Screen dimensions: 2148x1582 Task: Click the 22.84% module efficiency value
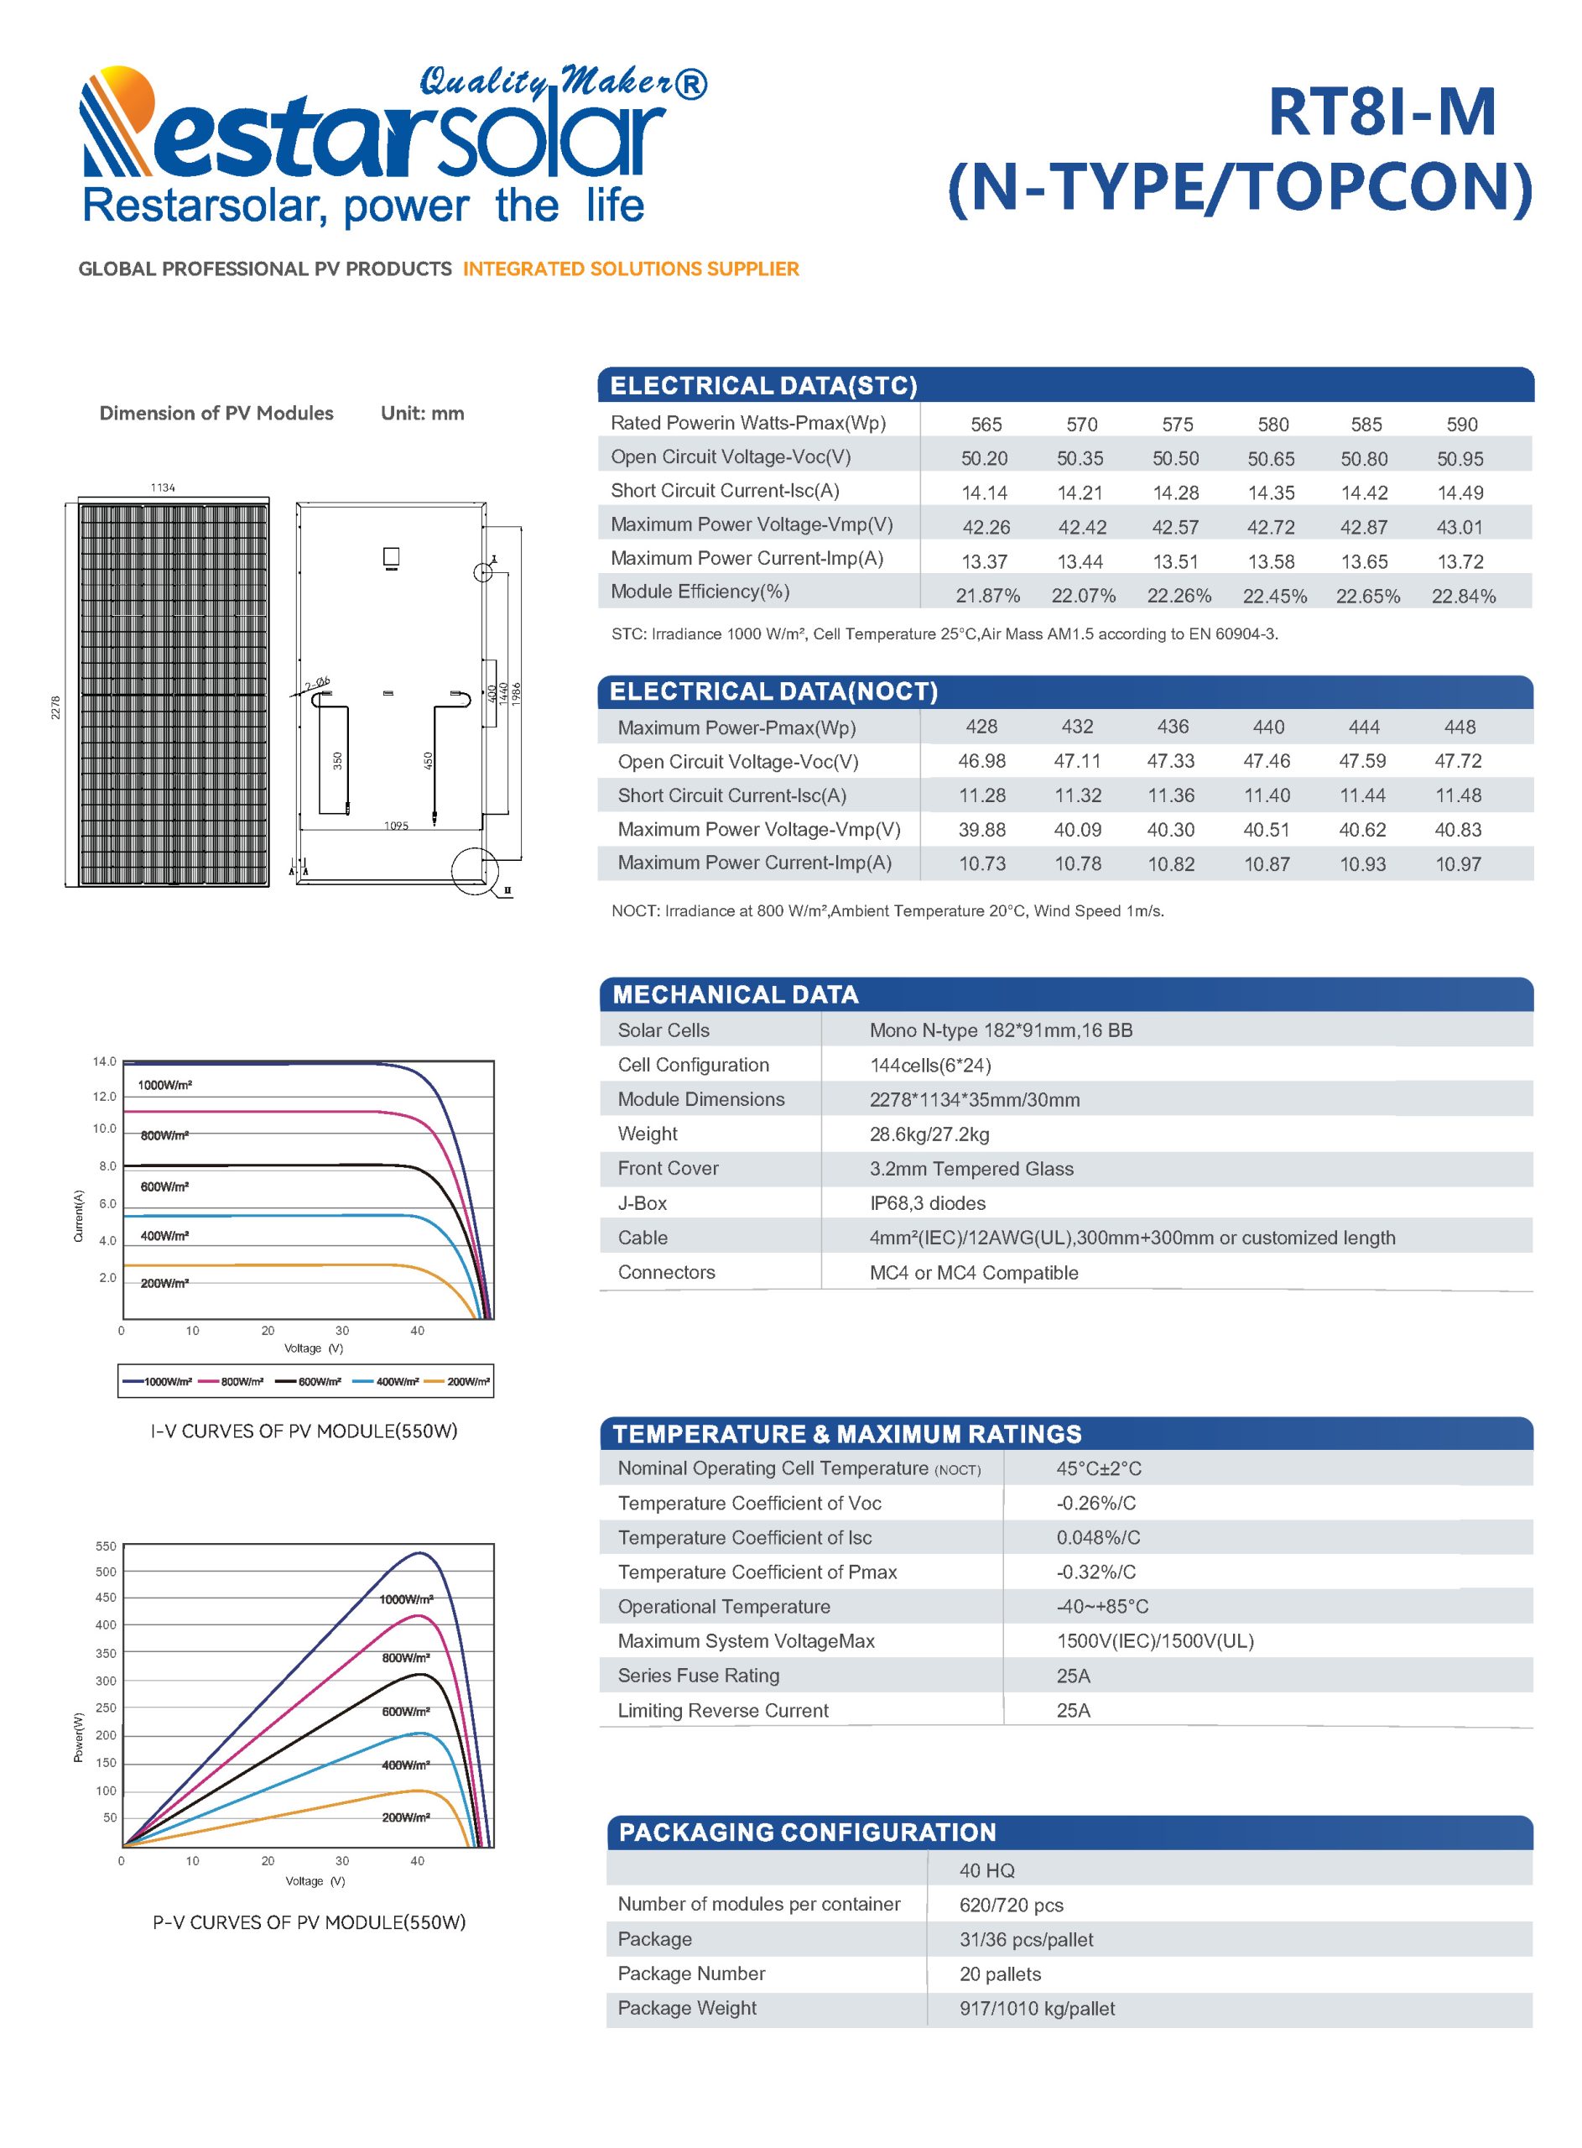point(1462,596)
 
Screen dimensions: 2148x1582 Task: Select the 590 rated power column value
point(1461,425)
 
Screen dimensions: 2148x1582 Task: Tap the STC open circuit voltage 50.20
point(985,459)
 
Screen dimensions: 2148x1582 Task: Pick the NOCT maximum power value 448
point(1460,727)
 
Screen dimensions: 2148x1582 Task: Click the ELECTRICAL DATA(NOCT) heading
point(773,691)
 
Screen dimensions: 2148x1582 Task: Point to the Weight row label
point(648,1134)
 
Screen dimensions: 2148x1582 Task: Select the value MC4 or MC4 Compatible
point(973,1273)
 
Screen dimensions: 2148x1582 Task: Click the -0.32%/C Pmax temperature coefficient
point(1095,1572)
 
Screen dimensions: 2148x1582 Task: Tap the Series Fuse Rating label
point(698,1675)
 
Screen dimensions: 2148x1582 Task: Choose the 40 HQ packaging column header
point(986,1870)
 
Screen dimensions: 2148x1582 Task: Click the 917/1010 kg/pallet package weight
point(1037,2008)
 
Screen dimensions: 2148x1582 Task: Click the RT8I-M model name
point(1381,113)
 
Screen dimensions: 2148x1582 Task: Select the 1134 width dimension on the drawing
point(163,487)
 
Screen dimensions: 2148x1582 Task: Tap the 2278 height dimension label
point(55,707)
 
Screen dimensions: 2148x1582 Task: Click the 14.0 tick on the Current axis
point(104,1061)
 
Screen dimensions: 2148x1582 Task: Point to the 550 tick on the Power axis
point(106,1546)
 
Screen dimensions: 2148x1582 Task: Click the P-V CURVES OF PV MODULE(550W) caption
point(309,1922)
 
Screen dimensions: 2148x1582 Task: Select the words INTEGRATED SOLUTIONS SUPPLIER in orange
point(630,269)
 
